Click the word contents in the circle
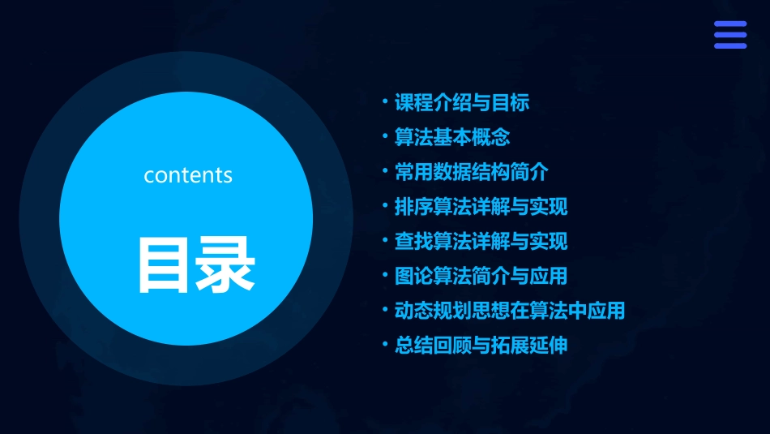[x=188, y=175]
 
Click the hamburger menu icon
[x=730, y=35]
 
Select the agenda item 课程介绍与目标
[x=461, y=103]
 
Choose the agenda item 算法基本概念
[x=451, y=137]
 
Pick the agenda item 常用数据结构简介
[x=471, y=172]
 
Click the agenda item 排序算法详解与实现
[x=481, y=207]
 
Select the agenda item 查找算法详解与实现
[x=481, y=241]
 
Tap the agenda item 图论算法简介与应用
[x=481, y=276]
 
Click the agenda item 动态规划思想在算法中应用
[x=509, y=311]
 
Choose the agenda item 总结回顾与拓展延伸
[x=481, y=345]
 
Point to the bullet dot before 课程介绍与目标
[x=386, y=102]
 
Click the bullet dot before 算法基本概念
[x=386, y=136]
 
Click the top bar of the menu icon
[x=730, y=24]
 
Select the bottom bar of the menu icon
[x=730, y=45]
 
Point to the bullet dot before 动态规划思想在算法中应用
[x=386, y=310]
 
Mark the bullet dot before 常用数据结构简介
[x=386, y=171]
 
